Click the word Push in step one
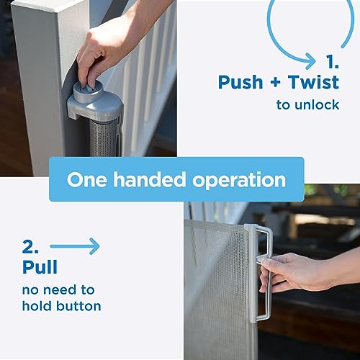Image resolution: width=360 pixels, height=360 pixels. (x=240, y=82)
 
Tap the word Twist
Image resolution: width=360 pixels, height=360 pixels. (x=313, y=82)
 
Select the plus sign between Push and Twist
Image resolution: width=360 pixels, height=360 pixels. (x=276, y=82)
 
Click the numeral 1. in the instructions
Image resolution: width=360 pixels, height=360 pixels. (x=333, y=61)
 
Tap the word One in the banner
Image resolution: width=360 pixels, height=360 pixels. (x=86, y=180)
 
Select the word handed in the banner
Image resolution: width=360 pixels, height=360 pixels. (x=149, y=179)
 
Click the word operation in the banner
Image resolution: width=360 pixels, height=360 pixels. (x=239, y=181)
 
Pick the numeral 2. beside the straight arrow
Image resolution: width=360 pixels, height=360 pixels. (x=30, y=246)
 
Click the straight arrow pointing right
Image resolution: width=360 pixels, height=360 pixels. (x=75, y=246)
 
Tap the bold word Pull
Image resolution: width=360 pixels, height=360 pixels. (x=40, y=266)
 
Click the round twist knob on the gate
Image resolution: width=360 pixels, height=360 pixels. (x=88, y=91)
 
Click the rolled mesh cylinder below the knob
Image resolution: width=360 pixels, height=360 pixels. (x=104, y=137)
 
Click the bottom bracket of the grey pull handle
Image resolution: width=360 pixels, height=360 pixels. (x=261, y=317)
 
